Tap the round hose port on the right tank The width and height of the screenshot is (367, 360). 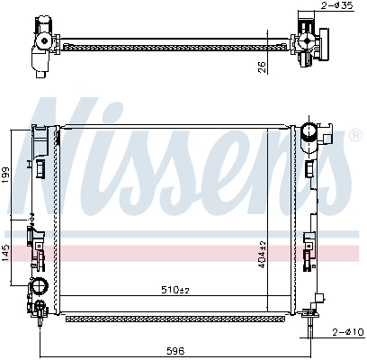311,132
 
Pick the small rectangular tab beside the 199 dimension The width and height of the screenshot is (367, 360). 41,166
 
